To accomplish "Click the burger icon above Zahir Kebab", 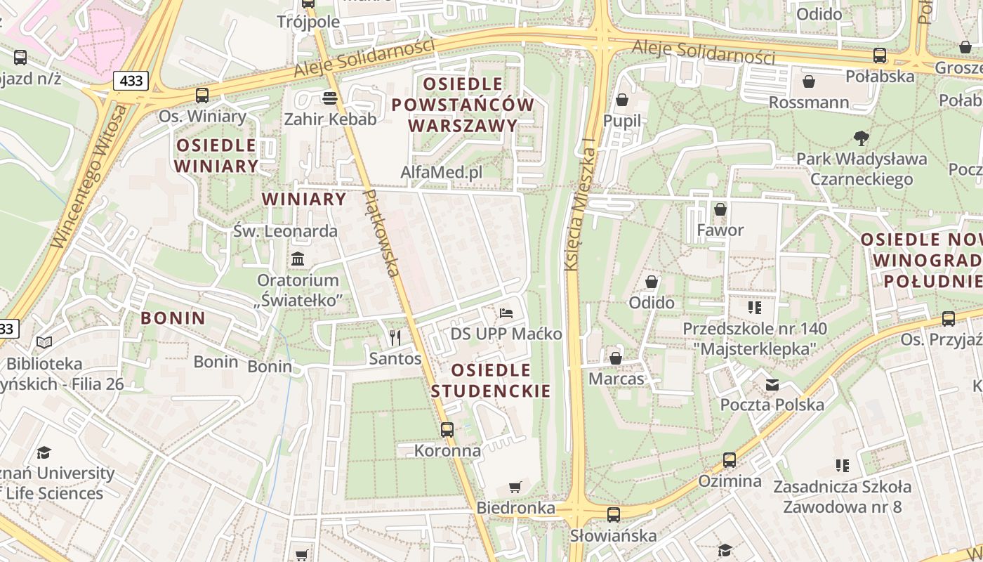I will tap(329, 97).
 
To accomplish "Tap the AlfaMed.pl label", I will tap(442, 172).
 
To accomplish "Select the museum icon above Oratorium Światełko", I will tap(298, 259).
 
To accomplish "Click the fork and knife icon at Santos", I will tap(395, 338).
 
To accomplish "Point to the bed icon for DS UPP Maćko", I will tap(506, 313).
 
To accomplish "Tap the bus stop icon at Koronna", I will tap(447, 429).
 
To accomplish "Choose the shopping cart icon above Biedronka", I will tap(515, 487).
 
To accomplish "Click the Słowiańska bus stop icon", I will tap(614, 514).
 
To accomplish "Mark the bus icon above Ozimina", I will tap(730, 460).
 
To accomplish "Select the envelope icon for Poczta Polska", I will tap(772, 384).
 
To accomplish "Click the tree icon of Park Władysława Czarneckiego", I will tap(862, 138).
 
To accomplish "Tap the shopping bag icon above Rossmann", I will tap(809, 81).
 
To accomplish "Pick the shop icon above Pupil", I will tap(622, 100).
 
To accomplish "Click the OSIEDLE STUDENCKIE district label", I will tap(491, 380).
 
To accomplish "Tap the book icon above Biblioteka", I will tap(44, 343).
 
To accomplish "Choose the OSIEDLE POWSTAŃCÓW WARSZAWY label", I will tap(463, 105).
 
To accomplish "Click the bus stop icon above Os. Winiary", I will tap(202, 95).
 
